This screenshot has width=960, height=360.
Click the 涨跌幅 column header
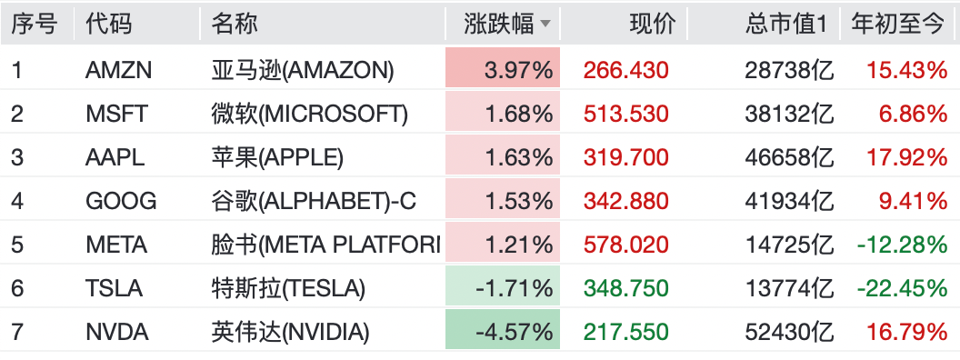click(498, 24)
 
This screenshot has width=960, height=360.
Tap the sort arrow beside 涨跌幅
click(545, 25)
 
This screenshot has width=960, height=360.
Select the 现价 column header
click(653, 24)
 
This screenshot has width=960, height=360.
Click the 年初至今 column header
click(898, 24)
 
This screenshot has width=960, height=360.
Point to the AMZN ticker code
click(118, 71)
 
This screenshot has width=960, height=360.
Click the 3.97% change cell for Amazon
click(503, 68)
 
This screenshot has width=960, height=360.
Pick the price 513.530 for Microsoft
click(625, 115)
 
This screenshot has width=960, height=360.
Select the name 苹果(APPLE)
click(277, 158)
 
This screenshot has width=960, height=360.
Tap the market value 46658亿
click(789, 158)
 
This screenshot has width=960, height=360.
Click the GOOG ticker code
click(121, 202)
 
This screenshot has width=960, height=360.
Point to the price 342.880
click(625, 202)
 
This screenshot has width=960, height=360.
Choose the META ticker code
click(116, 245)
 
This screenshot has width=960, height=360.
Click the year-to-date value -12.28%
click(902, 245)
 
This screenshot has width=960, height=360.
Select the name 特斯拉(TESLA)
click(288, 288)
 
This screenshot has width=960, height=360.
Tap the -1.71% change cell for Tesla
click(503, 286)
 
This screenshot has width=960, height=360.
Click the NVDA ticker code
click(117, 333)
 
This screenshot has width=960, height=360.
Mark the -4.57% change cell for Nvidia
click(503, 329)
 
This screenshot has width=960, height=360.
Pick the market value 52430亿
click(789, 332)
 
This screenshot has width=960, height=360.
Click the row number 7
click(17, 333)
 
